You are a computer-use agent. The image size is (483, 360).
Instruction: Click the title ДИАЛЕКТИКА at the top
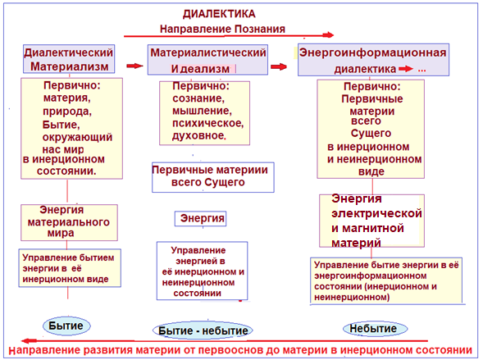[219, 14]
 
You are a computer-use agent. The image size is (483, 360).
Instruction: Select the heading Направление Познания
[222, 29]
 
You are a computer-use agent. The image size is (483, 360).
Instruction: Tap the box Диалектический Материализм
[69, 59]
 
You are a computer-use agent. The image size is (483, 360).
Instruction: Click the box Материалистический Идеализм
[207, 59]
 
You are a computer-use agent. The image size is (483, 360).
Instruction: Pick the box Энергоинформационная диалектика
[373, 60]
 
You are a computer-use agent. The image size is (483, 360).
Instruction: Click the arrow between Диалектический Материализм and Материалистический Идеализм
[135, 66]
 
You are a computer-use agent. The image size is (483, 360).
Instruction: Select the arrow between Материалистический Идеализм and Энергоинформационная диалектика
[279, 66]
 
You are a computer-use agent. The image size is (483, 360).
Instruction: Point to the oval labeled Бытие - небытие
[203, 330]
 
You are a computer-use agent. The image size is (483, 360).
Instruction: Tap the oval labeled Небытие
[376, 329]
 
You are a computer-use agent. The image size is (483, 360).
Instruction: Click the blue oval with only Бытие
[66, 326]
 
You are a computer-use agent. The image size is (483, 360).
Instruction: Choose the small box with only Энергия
[201, 219]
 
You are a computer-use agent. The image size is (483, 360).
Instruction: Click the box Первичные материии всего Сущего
[213, 177]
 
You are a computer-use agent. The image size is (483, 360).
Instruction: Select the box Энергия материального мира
[69, 222]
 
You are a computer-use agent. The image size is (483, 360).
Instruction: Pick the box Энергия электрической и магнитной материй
[371, 221]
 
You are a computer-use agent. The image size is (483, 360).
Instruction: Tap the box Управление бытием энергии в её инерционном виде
[70, 268]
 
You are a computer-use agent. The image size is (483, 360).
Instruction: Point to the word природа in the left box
[67, 112]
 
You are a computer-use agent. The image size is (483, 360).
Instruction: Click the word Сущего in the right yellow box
[371, 134]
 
